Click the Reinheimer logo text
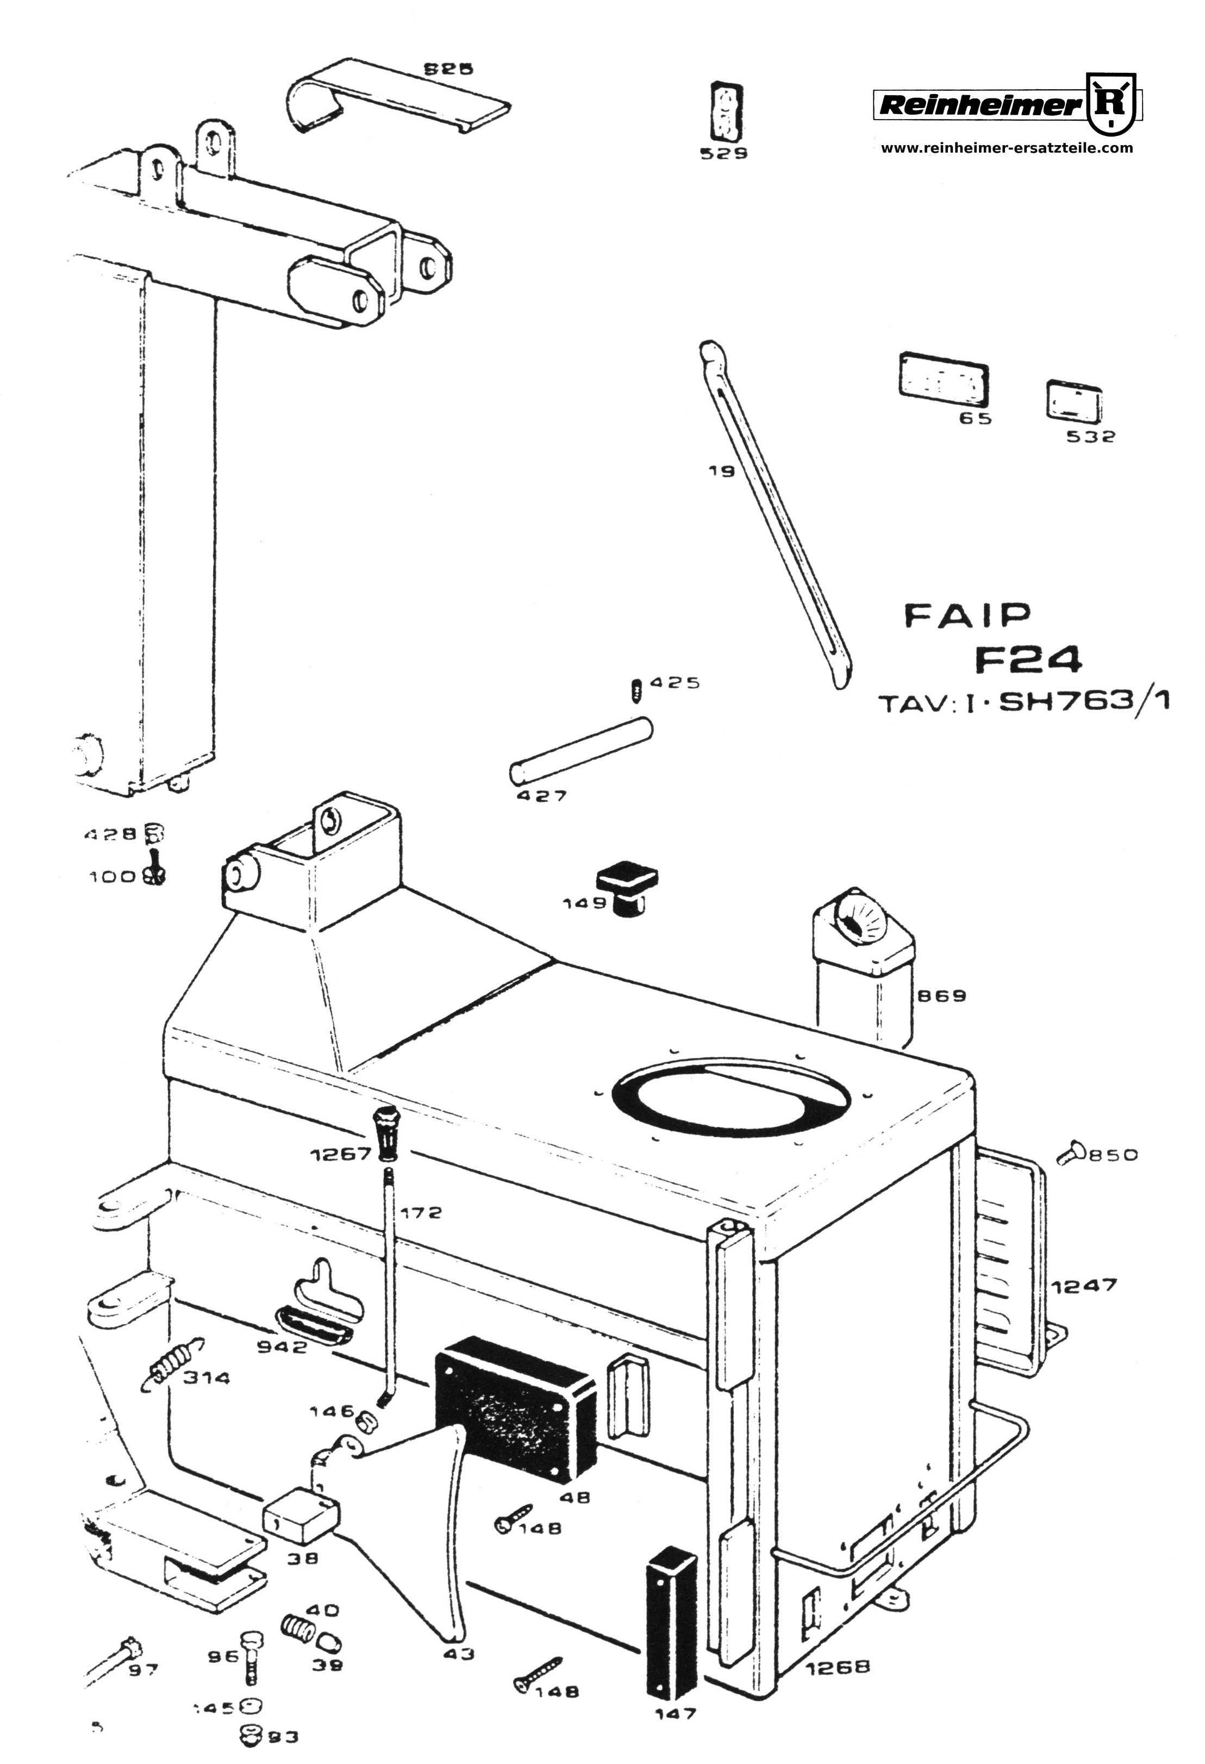point(979,105)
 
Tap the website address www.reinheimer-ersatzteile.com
point(1006,148)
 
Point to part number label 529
point(723,153)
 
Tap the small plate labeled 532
point(1073,400)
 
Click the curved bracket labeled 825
point(395,99)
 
